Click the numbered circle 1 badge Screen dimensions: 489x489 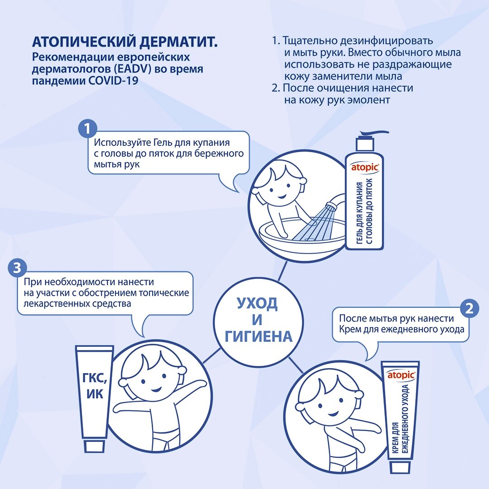coord(88,129)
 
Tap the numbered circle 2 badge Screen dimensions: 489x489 coord(469,308)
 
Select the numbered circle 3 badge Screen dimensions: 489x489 coord(17,268)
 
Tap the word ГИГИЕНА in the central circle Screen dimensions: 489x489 coord(259,336)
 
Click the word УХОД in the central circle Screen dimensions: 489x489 coord(257,303)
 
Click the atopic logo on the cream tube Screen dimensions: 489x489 coord(401,375)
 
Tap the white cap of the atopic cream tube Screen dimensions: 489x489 coord(401,467)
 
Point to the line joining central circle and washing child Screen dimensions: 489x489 coord(282,272)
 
